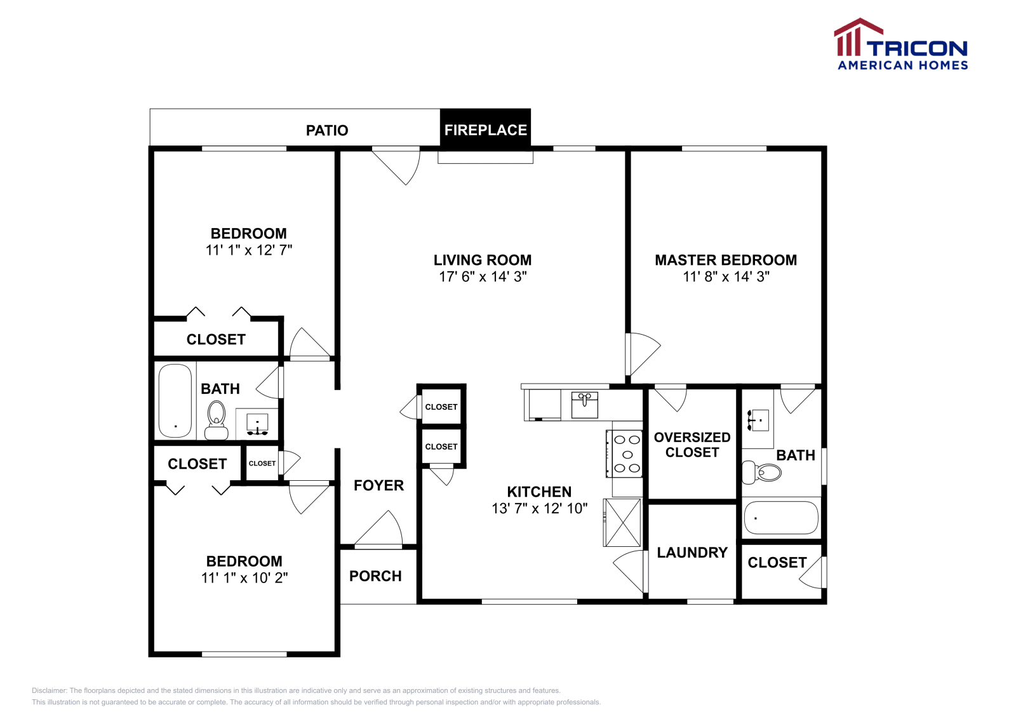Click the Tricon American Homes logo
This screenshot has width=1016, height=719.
pos(900,44)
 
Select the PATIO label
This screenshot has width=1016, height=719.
pos(327,131)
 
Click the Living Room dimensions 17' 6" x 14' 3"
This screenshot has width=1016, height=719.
pos(483,277)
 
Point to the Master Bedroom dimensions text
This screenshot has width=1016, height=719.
pos(726,277)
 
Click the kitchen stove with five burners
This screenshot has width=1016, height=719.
pos(625,454)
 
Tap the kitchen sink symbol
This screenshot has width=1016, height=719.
pos(585,405)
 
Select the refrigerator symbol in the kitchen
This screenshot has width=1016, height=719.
pos(622,523)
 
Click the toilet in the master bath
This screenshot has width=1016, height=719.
pos(761,473)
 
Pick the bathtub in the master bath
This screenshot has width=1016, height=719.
pos(781,518)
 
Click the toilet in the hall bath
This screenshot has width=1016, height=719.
pos(217,420)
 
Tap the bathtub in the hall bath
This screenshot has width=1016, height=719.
pos(175,401)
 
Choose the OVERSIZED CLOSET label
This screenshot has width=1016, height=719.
pos(692,445)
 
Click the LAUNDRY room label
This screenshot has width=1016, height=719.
pos(692,553)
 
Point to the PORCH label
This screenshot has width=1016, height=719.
pos(375,576)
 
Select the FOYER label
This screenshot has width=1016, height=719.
pos(378,485)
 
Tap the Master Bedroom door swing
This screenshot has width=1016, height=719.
pos(643,353)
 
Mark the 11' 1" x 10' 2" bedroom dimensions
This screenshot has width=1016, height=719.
pos(244,578)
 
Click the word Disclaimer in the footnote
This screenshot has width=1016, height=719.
pos(49,690)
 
